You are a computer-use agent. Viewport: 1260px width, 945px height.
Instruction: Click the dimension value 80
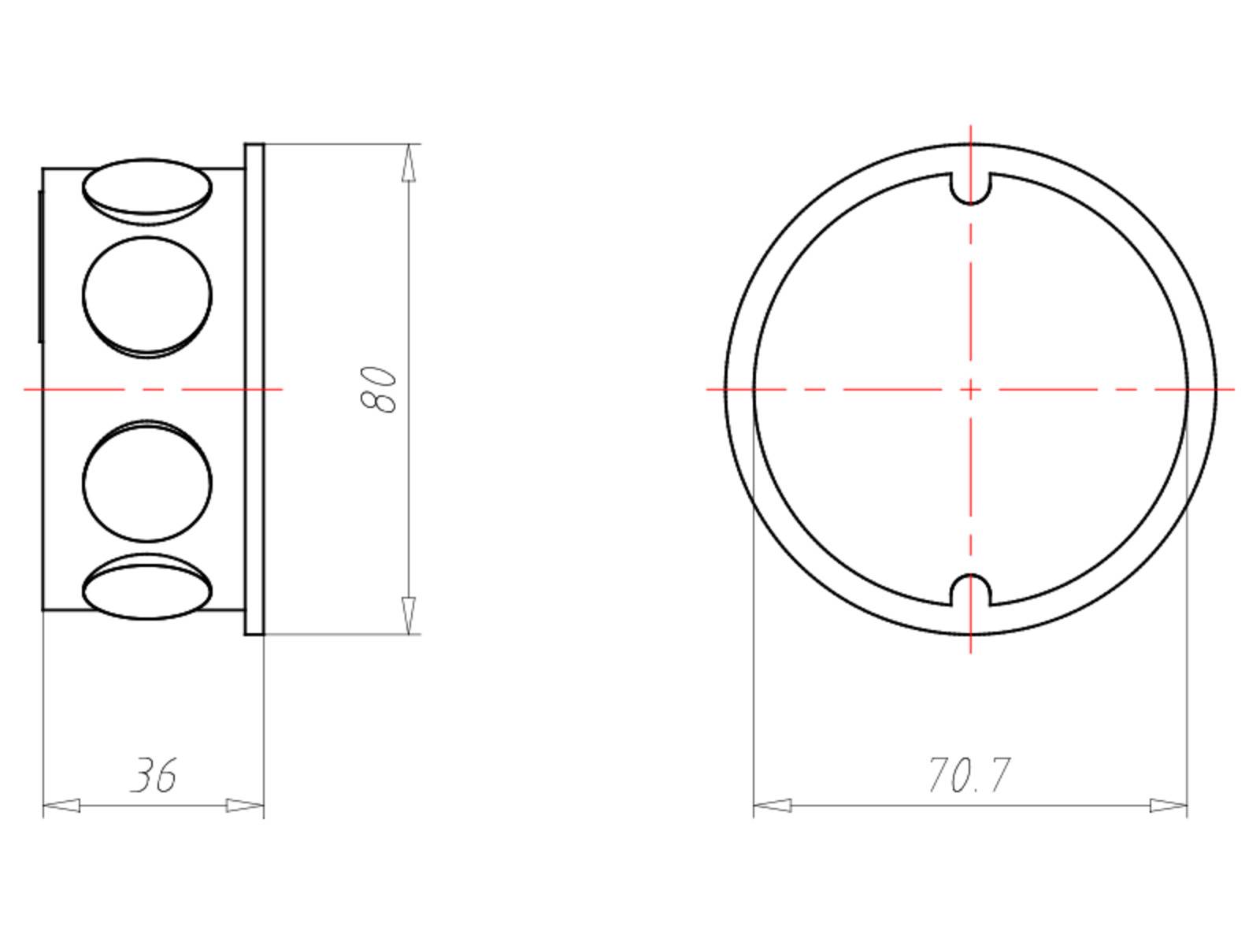[x=378, y=390]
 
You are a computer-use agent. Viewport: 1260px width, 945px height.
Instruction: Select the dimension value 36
[x=154, y=775]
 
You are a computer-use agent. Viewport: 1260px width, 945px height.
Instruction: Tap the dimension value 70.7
[x=969, y=775]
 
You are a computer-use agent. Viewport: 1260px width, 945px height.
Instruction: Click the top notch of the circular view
[x=970, y=188]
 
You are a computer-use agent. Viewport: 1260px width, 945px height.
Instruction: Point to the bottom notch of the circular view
[x=970, y=590]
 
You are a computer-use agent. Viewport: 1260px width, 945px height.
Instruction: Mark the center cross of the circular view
[x=970, y=390]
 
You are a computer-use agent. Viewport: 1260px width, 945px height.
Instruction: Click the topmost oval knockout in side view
[x=147, y=191]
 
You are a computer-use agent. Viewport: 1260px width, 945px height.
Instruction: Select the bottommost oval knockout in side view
[x=147, y=587]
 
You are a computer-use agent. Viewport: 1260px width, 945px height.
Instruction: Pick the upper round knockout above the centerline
[x=147, y=297]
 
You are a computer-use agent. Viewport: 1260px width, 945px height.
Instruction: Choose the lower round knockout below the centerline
[x=147, y=481]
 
